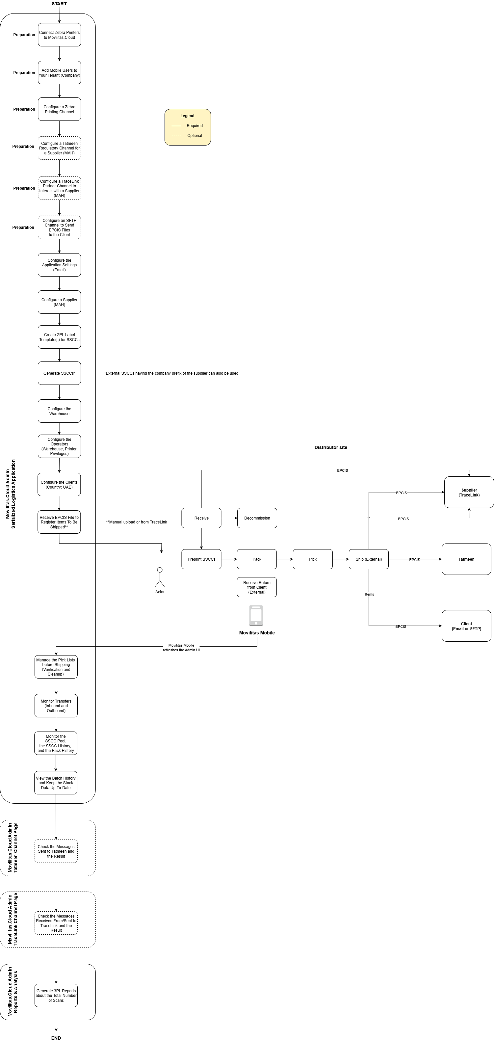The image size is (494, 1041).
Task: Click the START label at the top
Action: click(59, 4)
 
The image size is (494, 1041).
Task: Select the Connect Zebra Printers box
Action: click(59, 35)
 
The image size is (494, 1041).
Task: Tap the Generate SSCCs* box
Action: click(59, 373)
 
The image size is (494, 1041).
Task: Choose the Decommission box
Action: click(257, 518)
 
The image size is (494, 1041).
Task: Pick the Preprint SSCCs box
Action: click(201, 559)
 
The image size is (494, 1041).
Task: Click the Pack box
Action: click(257, 559)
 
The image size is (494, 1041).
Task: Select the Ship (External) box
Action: click(368, 559)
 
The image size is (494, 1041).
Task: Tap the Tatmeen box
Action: click(466, 559)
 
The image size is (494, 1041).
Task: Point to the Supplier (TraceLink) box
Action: click(469, 492)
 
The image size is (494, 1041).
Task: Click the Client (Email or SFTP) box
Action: click(466, 626)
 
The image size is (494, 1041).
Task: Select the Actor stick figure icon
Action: click(160, 577)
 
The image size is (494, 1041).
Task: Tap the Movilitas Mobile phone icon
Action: click(256, 615)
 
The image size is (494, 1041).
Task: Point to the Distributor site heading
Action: click(331, 448)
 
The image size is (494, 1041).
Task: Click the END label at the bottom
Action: click(56, 1038)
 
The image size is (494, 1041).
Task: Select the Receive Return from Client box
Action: click(257, 587)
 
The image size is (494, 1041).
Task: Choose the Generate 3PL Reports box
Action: click(56, 995)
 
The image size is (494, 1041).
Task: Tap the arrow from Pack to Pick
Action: click(285, 559)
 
